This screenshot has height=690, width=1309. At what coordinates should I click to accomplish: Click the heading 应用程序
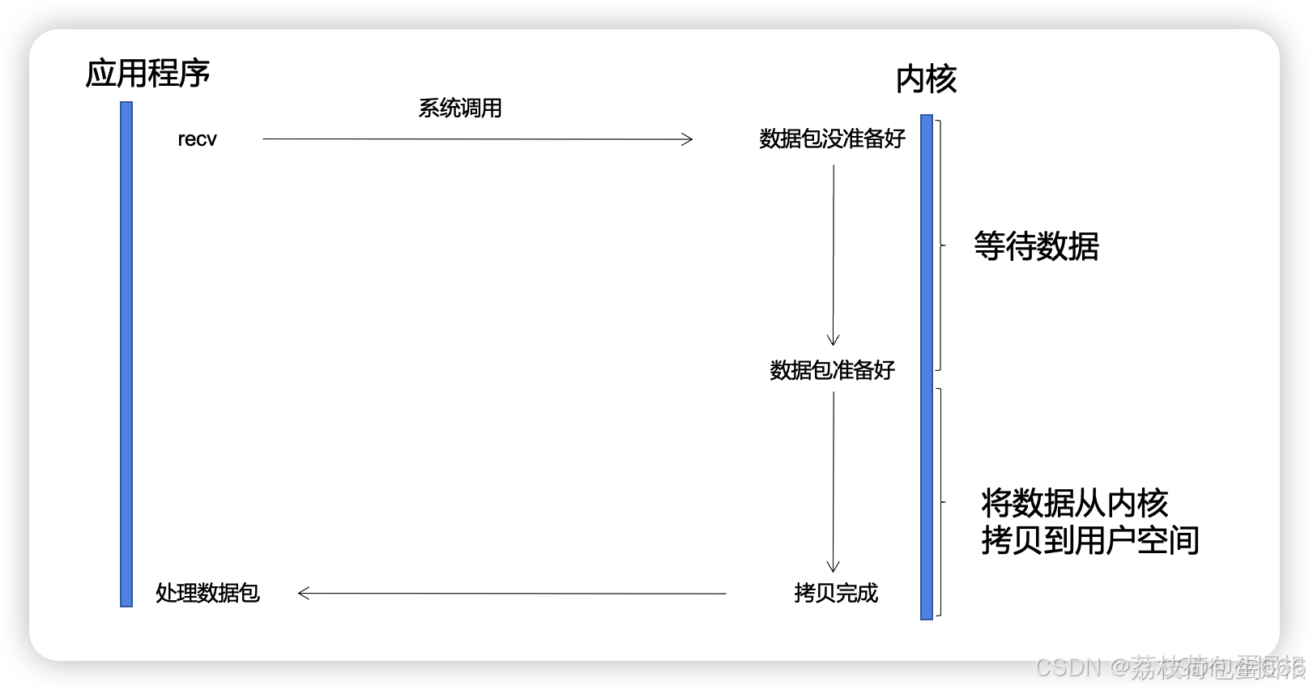147,73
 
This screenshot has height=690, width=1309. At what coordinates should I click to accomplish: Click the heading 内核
926,79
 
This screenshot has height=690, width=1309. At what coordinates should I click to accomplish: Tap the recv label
197,139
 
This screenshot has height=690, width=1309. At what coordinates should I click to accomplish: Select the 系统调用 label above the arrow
459,109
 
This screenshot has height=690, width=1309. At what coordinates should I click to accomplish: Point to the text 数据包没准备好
832,139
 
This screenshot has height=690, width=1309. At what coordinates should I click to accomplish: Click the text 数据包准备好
832,370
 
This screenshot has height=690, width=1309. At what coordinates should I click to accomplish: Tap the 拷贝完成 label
836,593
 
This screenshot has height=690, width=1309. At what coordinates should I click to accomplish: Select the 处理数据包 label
207,593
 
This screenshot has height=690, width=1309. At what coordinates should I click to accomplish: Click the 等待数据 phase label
1036,246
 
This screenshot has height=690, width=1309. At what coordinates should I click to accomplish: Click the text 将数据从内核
1074,503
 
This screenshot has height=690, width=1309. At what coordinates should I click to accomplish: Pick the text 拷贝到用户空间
1089,540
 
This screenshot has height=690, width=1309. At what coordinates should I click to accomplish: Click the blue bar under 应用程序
126,353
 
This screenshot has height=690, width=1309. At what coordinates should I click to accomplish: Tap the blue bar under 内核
927,366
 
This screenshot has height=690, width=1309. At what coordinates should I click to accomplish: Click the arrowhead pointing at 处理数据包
304,594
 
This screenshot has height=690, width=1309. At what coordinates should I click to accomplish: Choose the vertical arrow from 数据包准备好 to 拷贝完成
834,482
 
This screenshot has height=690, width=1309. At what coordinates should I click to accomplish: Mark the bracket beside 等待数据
940,245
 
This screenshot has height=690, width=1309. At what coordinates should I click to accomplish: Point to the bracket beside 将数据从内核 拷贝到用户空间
940,502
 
